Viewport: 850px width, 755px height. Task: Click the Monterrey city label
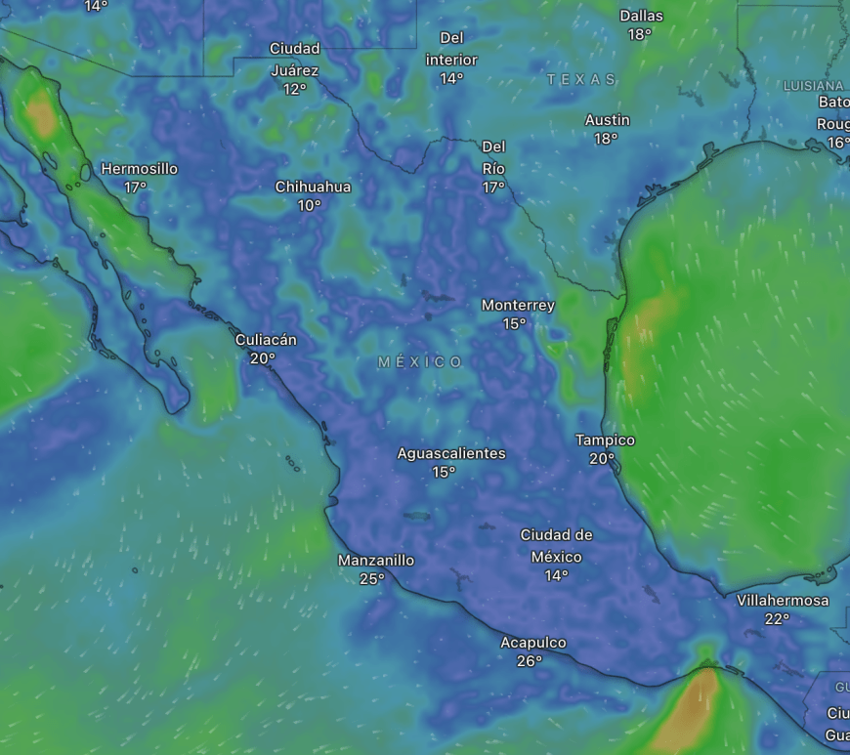coord(518,306)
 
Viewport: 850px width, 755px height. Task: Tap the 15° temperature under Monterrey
coord(515,324)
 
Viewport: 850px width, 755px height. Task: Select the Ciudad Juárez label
coord(294,60)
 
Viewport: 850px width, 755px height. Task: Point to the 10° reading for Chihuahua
coord(310,205)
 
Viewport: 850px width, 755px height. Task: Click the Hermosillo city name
coord(139,169)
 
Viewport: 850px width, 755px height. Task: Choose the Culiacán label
coord(266,340)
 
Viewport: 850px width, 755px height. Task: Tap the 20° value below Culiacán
coord(262,358)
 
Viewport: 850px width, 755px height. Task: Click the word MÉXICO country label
coord(421,362)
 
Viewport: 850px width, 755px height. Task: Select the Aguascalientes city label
coord(451,453)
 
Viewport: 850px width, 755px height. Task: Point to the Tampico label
coord(605,440)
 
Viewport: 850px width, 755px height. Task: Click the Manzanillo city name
coord(376,561)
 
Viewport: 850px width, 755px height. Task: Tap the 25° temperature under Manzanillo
coord(372,579)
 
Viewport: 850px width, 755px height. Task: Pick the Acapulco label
coord(532,643)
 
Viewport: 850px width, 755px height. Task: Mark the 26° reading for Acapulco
coord(530,661)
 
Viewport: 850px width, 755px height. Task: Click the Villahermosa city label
coord(783,601)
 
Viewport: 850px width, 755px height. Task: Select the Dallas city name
coord(641,16)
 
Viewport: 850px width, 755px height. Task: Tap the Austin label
coord(607,120)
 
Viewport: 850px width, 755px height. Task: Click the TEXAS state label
coord(581,79)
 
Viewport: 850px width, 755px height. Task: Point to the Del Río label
coord(493,156)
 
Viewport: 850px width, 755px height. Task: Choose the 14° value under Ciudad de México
coord(556,576)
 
